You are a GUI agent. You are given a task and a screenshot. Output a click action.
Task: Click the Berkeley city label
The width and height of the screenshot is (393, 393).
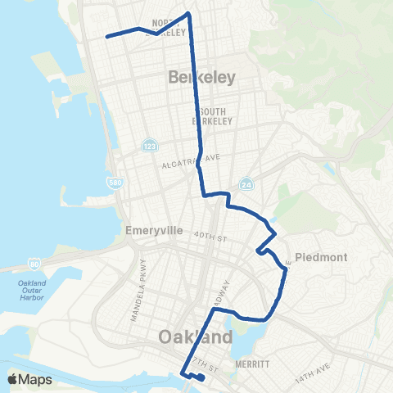click(201, 78)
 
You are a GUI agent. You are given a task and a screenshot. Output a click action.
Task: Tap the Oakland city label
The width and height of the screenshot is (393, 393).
click(196, 337)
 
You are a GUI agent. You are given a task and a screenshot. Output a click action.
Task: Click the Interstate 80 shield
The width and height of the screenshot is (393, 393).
click(34, 264)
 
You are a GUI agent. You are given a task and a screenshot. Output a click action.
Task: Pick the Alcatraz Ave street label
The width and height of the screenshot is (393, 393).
click(189, 161)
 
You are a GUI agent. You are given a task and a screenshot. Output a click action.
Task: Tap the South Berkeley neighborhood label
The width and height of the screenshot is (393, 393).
click(208, 115)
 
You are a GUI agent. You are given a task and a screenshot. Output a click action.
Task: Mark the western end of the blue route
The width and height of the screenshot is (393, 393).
click(106, 36)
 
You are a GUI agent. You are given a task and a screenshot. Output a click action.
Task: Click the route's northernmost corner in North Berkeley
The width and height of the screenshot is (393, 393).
click(189, 13)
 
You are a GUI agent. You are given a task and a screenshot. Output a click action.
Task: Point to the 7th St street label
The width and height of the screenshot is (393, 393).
click(201, 359)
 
